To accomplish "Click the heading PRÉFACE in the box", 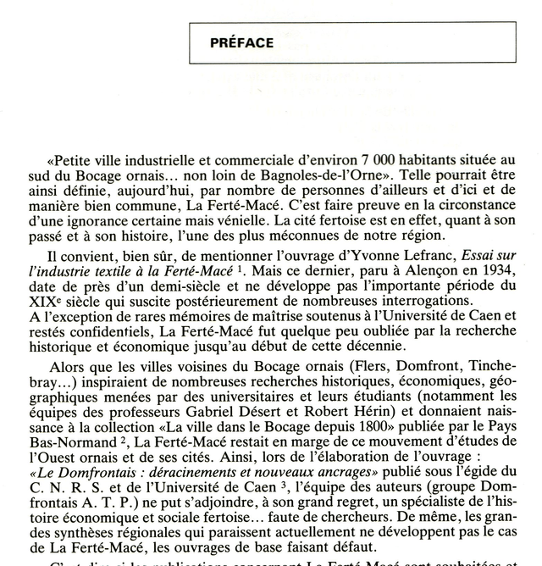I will click(241, 42).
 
